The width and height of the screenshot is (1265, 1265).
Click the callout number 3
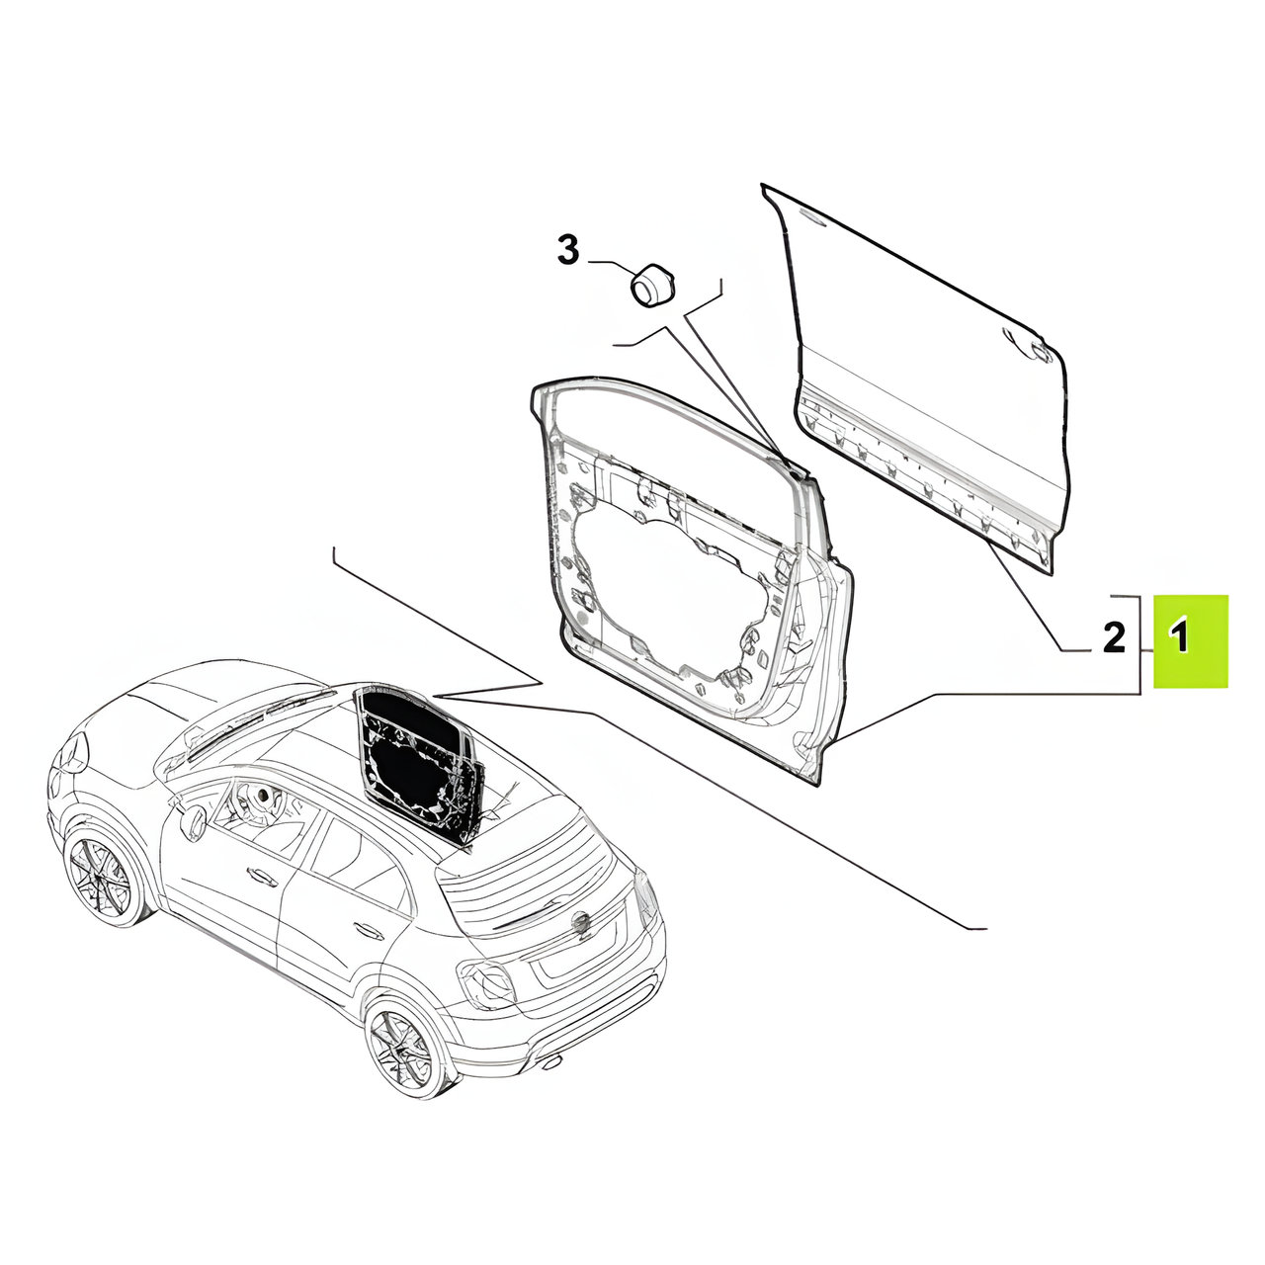(x=568, y=250)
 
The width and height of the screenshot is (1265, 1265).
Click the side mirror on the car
(x=193, y=820)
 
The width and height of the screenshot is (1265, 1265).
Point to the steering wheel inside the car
(x=264, y=797)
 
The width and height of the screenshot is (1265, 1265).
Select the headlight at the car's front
(x=72, y=752)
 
